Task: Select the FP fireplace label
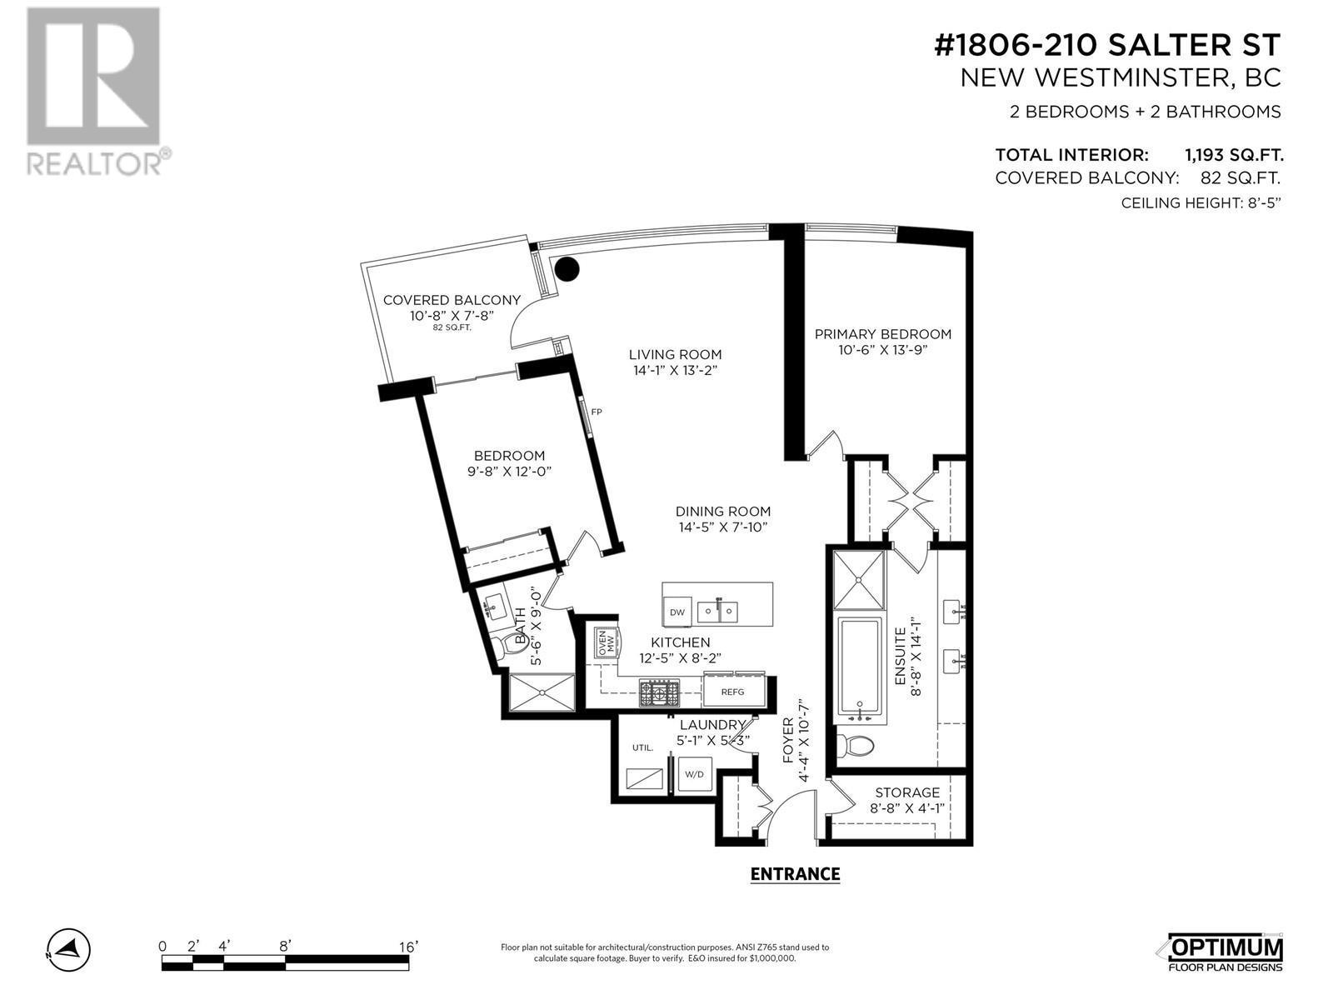click(x=597, y=412)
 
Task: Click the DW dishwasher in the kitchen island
click(x=677, y=612)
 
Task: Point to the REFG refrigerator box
click(x=733, y=692)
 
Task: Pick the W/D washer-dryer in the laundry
click(x=694, y=774)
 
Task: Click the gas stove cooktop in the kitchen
click(x=659, y=693)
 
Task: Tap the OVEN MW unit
click(x=607, y=642)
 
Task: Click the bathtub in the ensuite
click(x=860, y=670)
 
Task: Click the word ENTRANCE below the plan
click(x=795, y=874)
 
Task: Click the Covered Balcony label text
click(x=452, y=300)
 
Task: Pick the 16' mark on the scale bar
click(x=409, y=947)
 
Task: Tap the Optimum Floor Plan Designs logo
click(x=1225, y=954)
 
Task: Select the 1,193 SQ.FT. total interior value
click(x=1234, y=155)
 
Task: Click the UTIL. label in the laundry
click(x=642, y=747)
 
